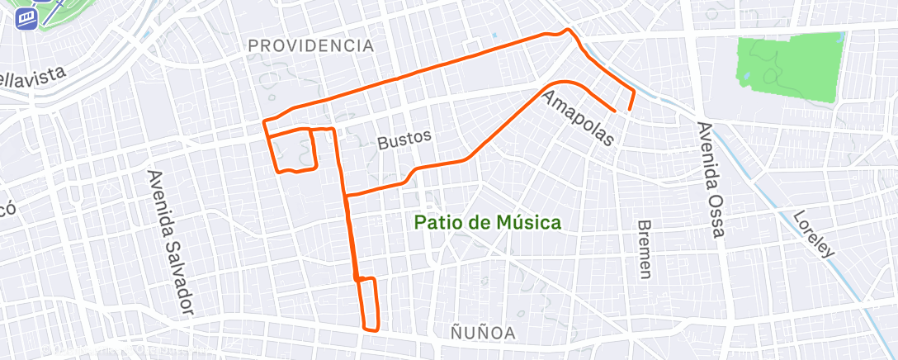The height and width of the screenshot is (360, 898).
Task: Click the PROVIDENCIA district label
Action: tap(310, 46)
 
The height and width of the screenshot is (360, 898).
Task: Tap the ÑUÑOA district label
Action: tap(484, 333)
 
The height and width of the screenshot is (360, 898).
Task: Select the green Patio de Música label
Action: tap(487, 222)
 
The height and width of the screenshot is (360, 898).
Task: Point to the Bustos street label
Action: tap(404, 140)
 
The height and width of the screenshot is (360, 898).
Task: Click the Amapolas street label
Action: tap(579, 118)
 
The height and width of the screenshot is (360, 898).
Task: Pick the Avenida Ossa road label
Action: tap(711, 180)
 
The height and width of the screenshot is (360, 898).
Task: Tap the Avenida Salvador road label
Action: tap(171, 243)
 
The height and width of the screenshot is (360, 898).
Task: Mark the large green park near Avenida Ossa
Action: tap(790, 69)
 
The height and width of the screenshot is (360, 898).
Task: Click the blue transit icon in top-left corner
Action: tap(28, 17)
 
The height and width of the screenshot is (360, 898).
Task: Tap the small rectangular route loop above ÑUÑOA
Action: tap(368, 304)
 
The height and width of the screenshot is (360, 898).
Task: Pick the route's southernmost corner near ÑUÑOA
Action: tap(365, 329)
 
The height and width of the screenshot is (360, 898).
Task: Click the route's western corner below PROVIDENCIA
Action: tap(264, 122)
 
